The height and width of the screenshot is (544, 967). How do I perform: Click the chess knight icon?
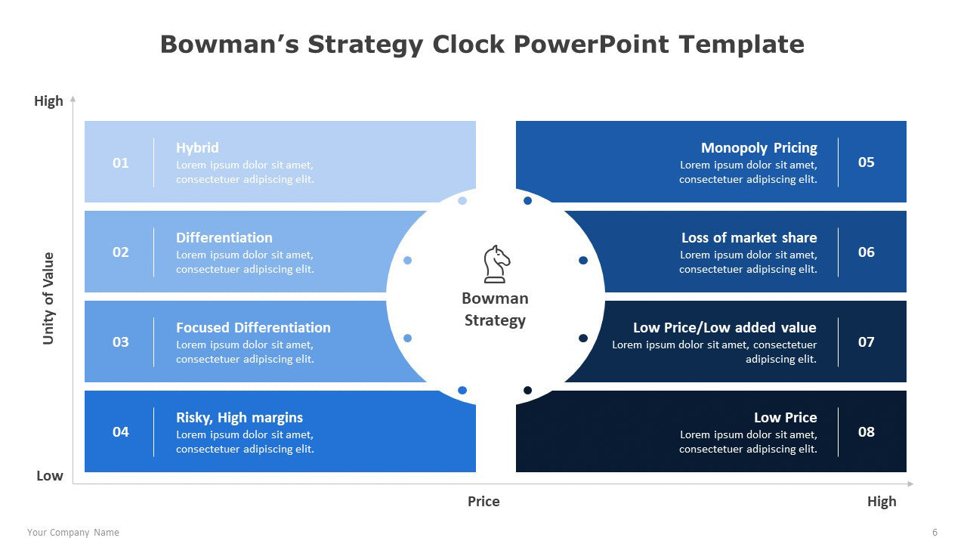496,264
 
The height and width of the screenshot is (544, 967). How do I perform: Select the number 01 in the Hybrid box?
120,162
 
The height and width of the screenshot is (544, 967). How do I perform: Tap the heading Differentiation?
224,237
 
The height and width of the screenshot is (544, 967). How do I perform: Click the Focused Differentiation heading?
253,327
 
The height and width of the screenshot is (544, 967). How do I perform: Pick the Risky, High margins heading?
239,418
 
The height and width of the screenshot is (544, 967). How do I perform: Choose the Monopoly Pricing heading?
759,147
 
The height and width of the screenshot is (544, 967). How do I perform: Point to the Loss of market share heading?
749,237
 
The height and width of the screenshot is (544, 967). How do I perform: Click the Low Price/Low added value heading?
724,327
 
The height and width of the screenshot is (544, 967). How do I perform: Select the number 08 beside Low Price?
866,431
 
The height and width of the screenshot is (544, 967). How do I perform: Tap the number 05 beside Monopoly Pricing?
866,162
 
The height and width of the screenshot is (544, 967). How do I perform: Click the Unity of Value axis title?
48,298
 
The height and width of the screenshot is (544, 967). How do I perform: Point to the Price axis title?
483,501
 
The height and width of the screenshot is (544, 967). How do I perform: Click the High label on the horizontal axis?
882,501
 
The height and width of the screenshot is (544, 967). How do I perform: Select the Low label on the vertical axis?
50,476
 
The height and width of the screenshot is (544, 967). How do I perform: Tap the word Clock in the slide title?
468,44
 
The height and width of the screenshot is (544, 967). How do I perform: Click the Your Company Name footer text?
73,533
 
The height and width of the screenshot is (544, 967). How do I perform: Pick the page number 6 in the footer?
935,533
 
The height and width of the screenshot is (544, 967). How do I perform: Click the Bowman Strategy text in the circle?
495,309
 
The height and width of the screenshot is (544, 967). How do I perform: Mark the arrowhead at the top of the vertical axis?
73,98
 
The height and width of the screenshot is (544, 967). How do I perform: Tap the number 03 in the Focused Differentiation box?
120,342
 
